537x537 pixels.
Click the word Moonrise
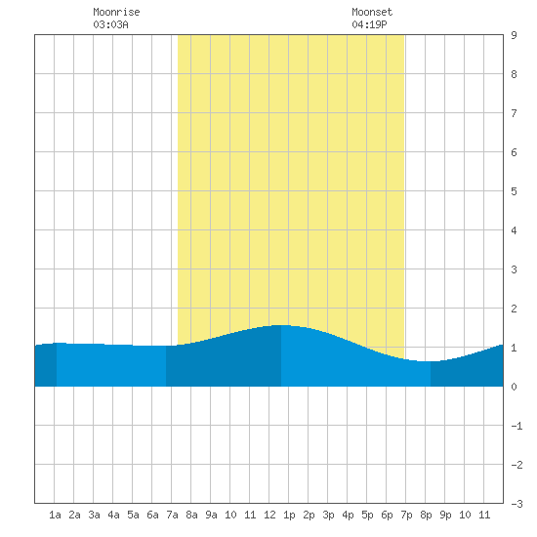(116, 12)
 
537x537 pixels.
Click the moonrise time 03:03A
(110, 24)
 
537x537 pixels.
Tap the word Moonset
(372, 12)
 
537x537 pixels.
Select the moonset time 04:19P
(369, 24)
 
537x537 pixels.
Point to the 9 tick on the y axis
(514, 35)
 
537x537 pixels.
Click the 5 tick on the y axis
(514, 191)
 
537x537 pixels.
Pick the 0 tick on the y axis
(514, 387)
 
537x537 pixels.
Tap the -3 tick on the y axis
(516, 504)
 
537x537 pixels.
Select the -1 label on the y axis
(516, 426)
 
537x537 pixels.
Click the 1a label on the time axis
(55, 515)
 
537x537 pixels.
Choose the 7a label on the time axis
(172, 515)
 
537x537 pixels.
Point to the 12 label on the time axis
(269, 515)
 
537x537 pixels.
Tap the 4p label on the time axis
(348, 515)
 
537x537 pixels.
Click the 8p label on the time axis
(426, 515)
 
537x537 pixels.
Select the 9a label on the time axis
(211, 515)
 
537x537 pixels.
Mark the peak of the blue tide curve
(281, 325)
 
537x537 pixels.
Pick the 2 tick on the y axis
(514, 309)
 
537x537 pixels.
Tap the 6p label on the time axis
(387, 515)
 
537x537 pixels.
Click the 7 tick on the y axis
(514, 113)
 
